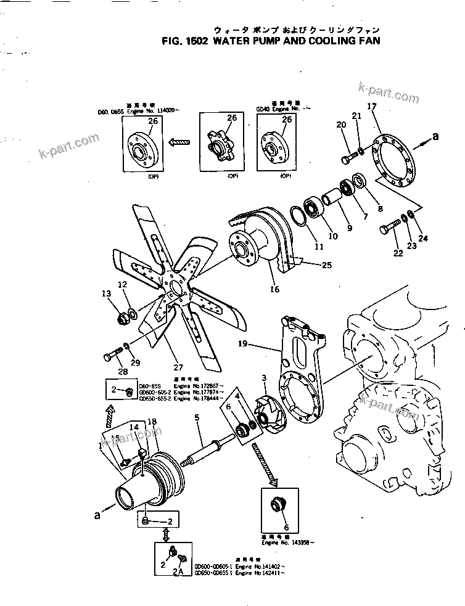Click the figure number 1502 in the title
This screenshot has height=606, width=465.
195,42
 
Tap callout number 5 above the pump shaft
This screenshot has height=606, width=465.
197,418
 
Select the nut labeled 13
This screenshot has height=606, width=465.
122,319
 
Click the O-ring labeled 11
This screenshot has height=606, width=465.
297,219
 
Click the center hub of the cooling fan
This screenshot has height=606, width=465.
175,287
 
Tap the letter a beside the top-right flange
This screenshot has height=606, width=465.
435,137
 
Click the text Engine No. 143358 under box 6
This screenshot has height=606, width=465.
287,543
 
